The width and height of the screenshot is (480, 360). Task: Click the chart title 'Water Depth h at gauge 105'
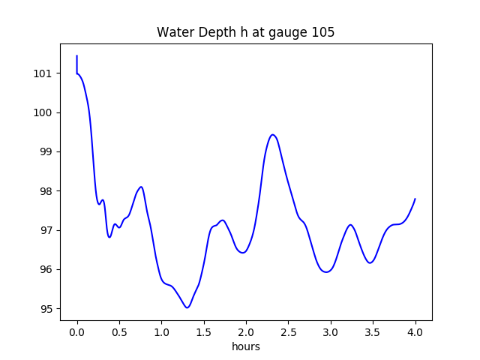point(245,32)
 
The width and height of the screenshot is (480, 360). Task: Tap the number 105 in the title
point(324,32)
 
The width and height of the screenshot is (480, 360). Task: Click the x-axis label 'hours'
point(246,346)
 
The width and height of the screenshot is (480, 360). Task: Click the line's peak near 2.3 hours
point(273,135)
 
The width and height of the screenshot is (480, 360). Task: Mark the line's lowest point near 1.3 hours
point(187,307)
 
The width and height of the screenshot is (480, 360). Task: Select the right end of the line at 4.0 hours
point(415,199)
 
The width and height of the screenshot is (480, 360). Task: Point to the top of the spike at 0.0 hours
point(77,55)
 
